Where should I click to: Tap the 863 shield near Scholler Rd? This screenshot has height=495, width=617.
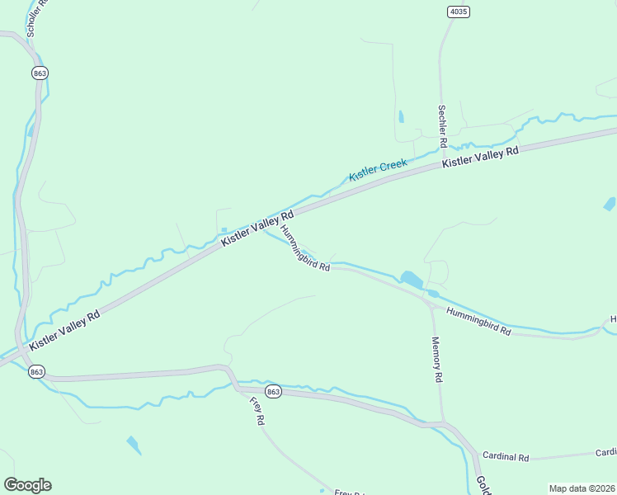[40, 73]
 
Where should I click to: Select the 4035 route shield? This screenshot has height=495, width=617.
[459, 11]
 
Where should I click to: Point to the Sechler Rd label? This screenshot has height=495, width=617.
[443, 126]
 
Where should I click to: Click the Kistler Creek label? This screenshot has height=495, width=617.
[378, 171]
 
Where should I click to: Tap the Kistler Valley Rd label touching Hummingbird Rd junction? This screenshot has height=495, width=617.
[257, 226]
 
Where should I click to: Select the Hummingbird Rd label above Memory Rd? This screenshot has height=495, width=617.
[478, 321]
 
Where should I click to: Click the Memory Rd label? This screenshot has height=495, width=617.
[437, 360]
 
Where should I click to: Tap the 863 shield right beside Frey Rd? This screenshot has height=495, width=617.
[274, 392]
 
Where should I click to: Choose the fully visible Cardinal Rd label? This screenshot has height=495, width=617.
[506, 456]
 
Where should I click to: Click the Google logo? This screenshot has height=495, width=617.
[27, 485]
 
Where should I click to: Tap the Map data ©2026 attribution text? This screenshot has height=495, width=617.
[582, 488]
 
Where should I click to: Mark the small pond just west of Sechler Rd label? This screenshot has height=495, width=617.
[402, 117]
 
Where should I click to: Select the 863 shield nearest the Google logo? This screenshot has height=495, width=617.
[35, 372]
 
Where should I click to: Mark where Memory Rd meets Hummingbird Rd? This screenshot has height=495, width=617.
[432, 304]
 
